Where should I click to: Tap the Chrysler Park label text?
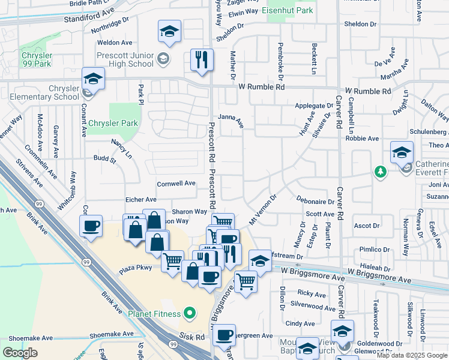113,124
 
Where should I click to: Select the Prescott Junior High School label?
125,59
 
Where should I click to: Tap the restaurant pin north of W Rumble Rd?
202,60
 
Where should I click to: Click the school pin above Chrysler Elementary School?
94,79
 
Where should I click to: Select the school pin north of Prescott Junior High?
170,31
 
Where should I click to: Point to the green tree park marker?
379,173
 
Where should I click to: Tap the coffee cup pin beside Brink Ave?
91,226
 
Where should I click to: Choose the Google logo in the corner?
20,353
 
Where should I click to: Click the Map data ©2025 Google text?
412,355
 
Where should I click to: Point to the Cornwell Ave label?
176,183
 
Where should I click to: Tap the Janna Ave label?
231,121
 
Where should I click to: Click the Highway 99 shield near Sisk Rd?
173,344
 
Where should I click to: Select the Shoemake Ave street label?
112,334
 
